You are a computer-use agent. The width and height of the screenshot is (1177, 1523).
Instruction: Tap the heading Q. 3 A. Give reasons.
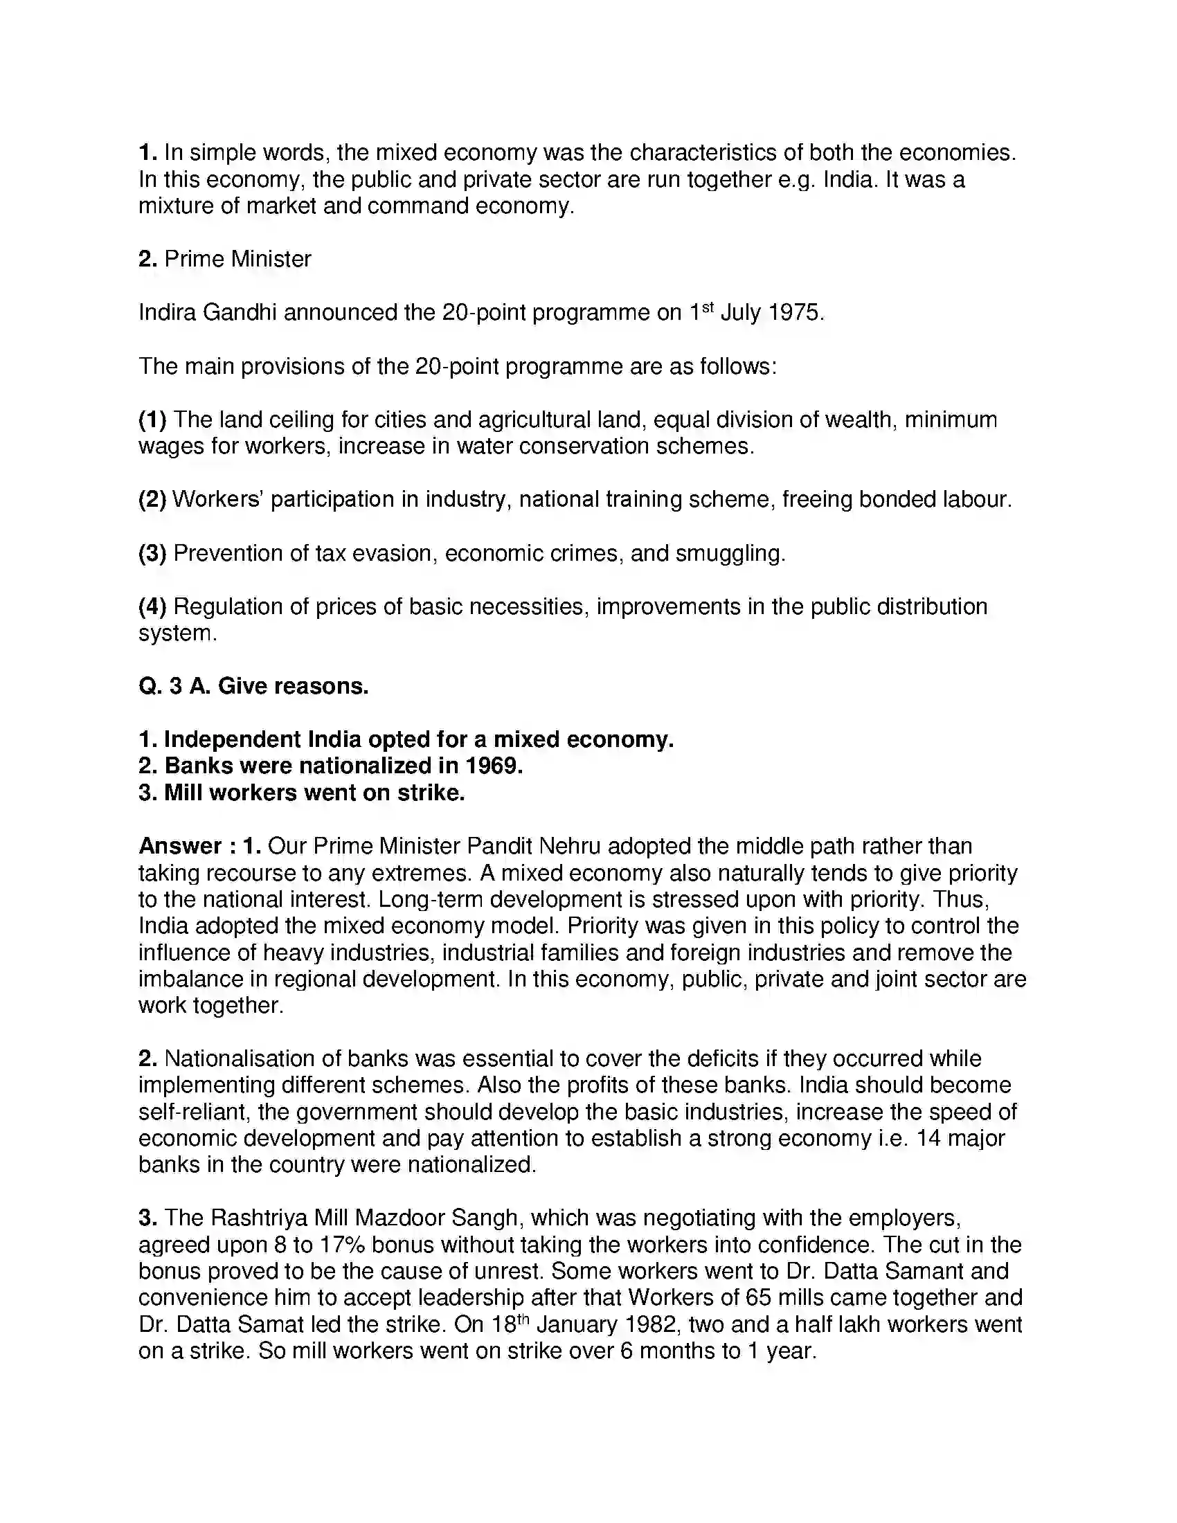click(x=253, y=686)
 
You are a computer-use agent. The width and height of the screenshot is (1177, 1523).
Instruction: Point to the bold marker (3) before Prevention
click(x=152, y=553)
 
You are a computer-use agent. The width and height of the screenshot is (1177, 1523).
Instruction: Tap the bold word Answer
click(x=180, y=846)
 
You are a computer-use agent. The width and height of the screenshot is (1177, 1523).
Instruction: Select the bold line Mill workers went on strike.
click(x=301, y=793)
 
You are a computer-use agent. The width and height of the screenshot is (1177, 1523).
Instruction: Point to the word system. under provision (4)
click(x=178, y=633)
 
